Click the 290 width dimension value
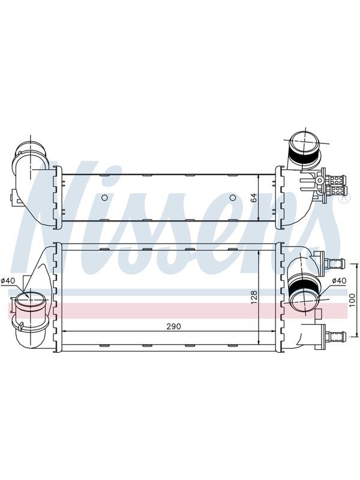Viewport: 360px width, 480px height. point(173,326)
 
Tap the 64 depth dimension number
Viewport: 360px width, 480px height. point(254,198)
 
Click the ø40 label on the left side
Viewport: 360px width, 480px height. point(8,280)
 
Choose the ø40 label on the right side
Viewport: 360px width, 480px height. point(339,280)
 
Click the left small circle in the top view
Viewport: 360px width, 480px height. point(104,198)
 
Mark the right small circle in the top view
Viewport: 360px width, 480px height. point(233,198)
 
